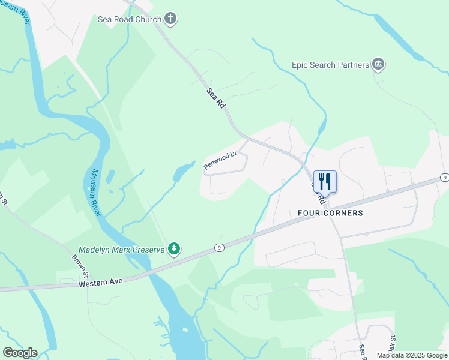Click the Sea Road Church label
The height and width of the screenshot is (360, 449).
pyautogui.click(x=130, y=19)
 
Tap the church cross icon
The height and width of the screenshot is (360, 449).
pyautogui.click(x=170, y=19)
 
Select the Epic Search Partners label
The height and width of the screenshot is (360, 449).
pyautogui.click(x=330, y=64)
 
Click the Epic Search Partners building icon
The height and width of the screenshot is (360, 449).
pyautogui.click(x=378, y=64)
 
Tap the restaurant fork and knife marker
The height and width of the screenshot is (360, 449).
pyautogui.click(x=325, y=181)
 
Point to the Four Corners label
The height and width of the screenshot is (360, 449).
pyautogui.click(x=330, y=213)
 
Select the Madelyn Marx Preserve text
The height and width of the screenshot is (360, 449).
pyautogui.click(x=121, y=250)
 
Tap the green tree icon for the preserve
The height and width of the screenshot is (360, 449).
pyautogui.click(x=173, y=248)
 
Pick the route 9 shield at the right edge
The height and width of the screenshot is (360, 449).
pyautogui.click(x=444, y=178)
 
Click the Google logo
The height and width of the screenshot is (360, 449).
pyautogui.click(x=20, y=353)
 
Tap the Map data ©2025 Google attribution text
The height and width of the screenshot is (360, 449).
pyautogui.click(x=412, y=355)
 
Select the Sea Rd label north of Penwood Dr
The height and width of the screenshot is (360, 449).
pyautogui.click(x=216, y=98)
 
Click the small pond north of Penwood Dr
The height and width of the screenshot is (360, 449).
pyautogui.click(x=182, y=173)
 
